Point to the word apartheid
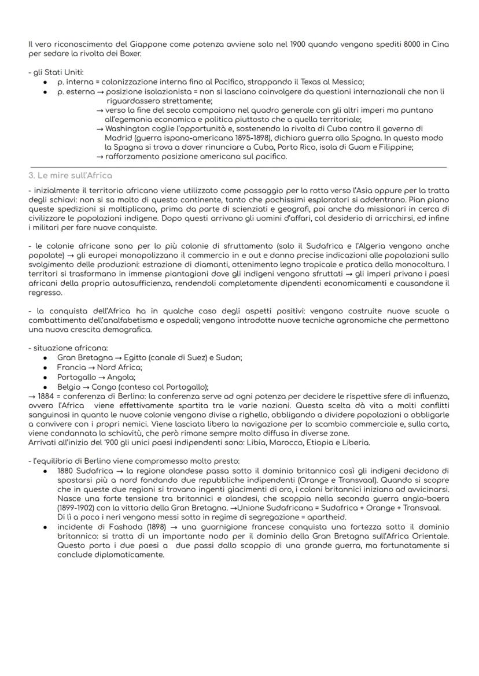click(325, 517)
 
